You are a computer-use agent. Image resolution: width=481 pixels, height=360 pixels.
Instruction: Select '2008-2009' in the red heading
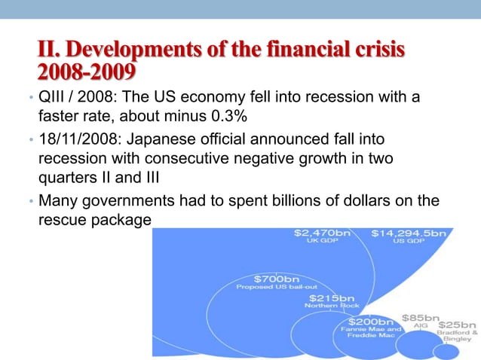(87, 72)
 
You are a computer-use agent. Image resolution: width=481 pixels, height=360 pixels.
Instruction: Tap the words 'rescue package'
(94, 221)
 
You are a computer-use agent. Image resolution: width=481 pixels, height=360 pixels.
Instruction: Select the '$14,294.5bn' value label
(408, 234)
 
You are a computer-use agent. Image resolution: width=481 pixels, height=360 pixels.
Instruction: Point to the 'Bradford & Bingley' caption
(457, 336)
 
